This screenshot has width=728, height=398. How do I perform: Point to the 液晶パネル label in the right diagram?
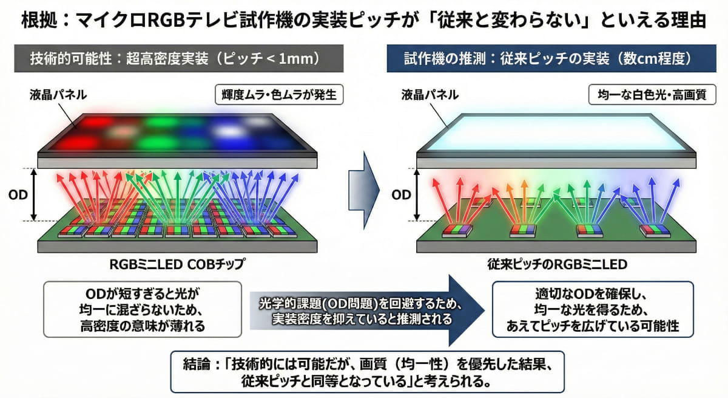click(x=430, y=95)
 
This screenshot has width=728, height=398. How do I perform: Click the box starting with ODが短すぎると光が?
click(x=143, y=309)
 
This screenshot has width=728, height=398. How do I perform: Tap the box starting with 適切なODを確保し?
click(x=592, y=309)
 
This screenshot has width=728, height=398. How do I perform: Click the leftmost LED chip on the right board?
click(x=456, y=230)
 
